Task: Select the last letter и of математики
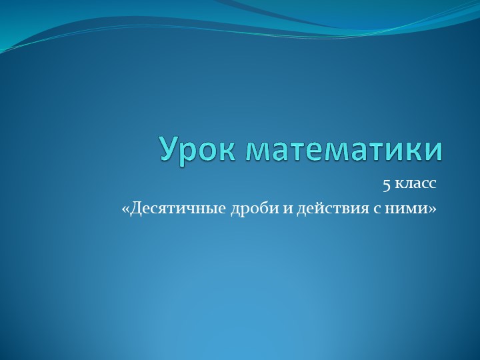click(x=434, y=151)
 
